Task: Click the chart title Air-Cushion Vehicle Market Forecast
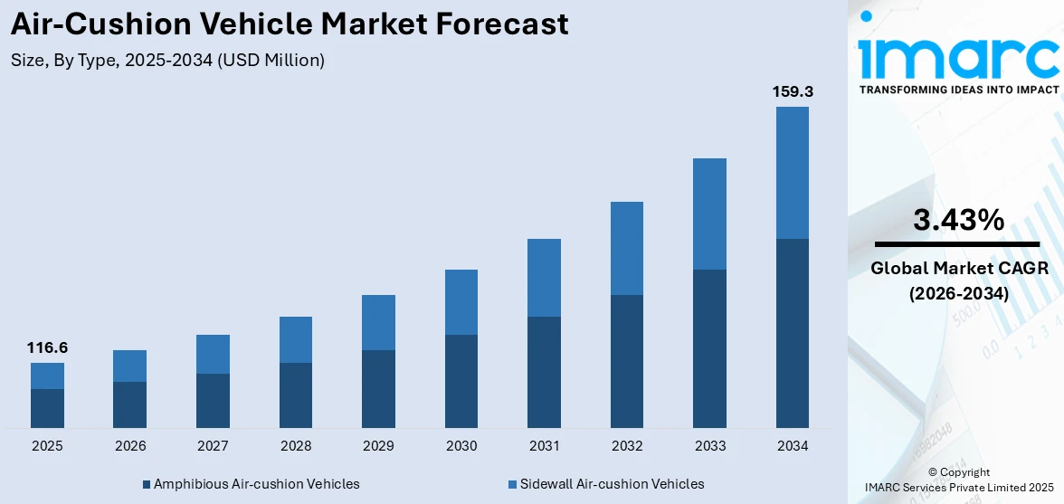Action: pos(290,24)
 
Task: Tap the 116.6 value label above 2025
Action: pos(47,347)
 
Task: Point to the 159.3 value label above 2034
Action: pos(792,91)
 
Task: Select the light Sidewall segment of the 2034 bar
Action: pos(792,173)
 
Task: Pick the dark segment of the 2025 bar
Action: pos(47,408)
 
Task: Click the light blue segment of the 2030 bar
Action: pos(461,302)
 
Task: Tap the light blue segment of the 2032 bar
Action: pos(627,248)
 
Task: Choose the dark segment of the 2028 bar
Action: pos(296,395)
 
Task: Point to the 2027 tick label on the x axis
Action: pos(213,446)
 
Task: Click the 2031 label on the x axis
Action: pos(544,446)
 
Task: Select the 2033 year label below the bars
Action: pos(709,446)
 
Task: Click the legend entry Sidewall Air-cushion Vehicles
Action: pos(606,484)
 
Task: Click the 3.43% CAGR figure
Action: pos(958,220)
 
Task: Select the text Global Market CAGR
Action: pos(958,269)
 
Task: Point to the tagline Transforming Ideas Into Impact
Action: pos(958,90)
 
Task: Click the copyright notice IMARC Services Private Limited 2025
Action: pos(958,488)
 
